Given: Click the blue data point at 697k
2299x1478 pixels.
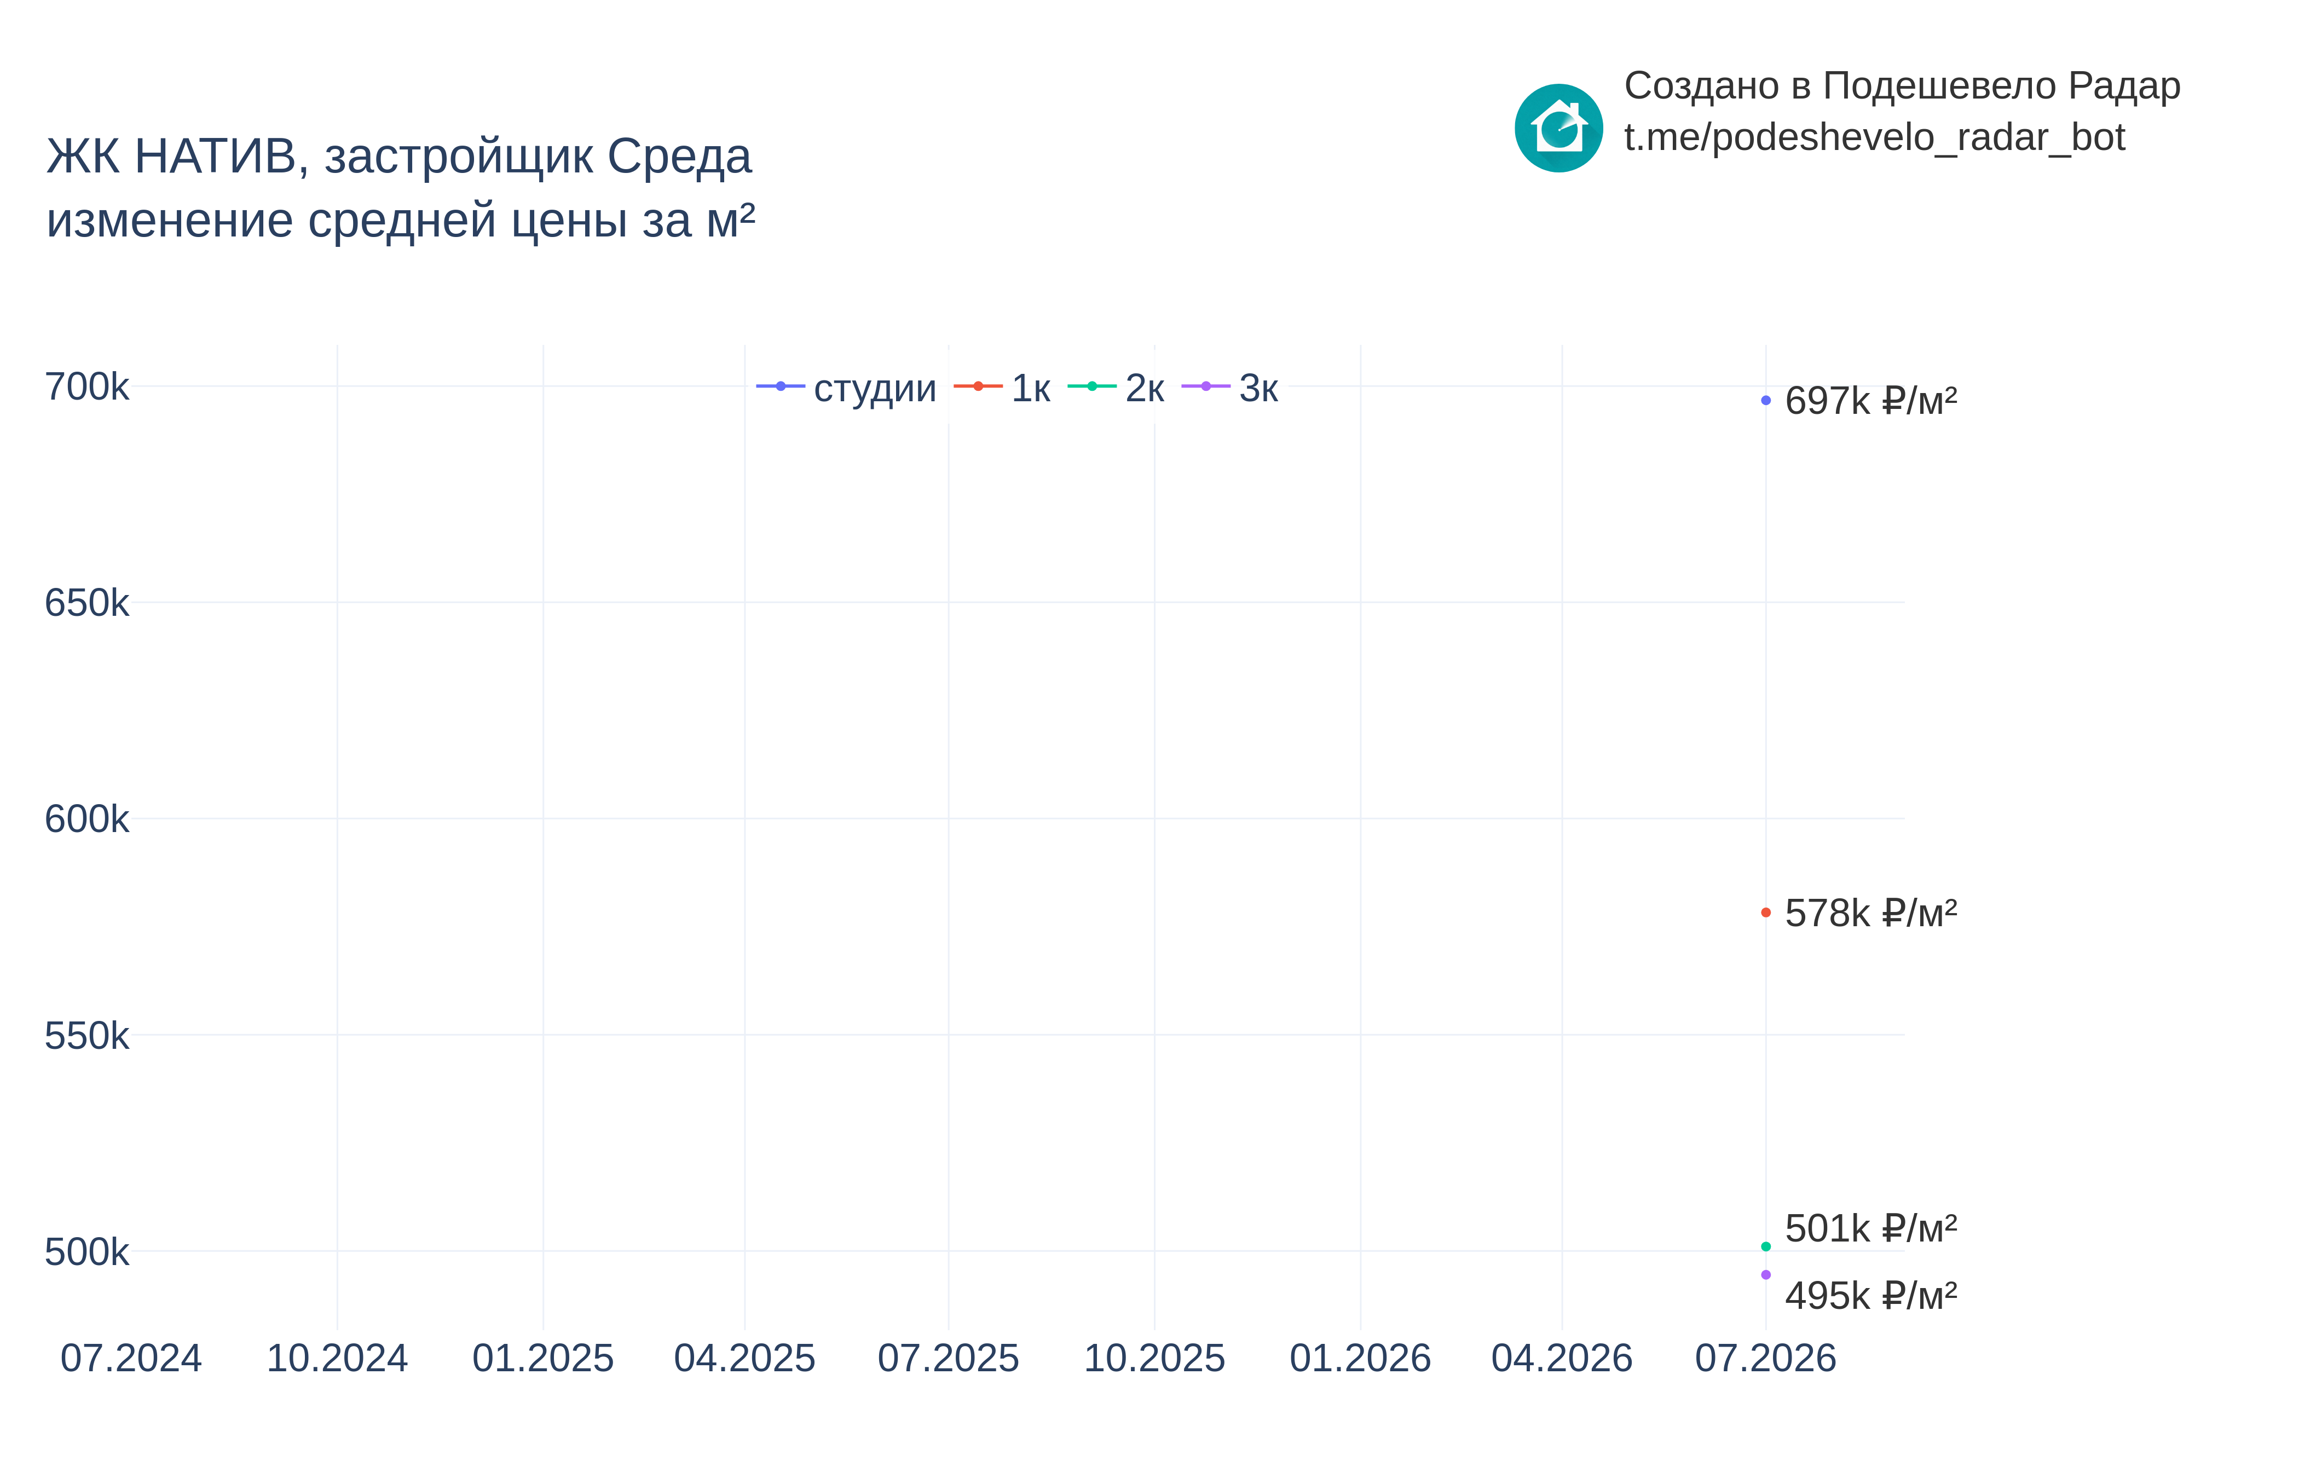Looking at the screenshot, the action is (x=1765, y=400).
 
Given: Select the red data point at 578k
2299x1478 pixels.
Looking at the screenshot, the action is (x=1765, y=913).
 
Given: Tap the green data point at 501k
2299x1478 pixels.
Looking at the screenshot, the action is (x=1765, y=1246).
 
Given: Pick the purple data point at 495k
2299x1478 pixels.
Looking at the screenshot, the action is (x=1765, y=1274).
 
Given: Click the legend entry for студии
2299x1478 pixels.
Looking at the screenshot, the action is (x=846, y=388).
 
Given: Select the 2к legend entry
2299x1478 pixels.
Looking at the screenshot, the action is (x=1116, y=388).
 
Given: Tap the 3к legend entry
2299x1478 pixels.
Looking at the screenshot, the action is (x=1230, y=388).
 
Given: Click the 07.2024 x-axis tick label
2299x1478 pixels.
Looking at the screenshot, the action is (x=131, y=1358).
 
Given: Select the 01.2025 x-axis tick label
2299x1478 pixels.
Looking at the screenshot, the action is (x=543, y=1358).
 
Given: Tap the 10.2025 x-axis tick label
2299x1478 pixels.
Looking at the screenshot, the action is (x=1154, y=1358).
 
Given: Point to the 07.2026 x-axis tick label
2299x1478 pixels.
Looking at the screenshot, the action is (x=1765, y=1358).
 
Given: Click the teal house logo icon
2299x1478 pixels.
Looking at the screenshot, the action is (x=1558, y=128).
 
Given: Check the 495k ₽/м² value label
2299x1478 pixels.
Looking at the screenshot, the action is (x=1871, y=1296).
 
